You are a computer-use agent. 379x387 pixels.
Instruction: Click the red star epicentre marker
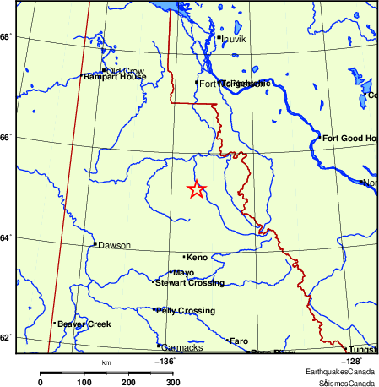[196, 189]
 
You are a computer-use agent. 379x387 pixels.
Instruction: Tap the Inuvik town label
[234, 39]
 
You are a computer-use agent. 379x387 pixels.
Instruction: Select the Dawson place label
[114, 245]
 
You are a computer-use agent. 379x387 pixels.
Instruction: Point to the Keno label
[197, 257]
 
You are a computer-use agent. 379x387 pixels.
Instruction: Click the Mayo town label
[183, 272]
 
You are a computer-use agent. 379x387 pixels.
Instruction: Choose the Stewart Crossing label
[189, 282]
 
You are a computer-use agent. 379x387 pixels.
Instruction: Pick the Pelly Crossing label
[186, 311]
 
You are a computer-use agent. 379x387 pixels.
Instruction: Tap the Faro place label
[239, 341]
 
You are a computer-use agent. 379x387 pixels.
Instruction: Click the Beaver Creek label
[79, 324]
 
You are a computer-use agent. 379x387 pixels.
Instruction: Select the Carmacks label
[181, 346]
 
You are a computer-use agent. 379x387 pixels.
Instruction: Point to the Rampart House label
[115, 77]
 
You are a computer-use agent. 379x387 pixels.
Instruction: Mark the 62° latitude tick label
[6, 338]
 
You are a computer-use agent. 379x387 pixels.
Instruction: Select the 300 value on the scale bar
[172, 383]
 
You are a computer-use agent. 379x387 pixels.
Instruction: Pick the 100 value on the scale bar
[84, 383]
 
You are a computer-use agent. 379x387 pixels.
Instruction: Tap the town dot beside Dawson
[95, 244]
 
